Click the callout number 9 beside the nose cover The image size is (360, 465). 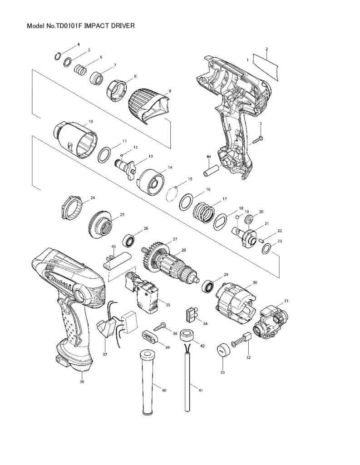click(x=169, y=91)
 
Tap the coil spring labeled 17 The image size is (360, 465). click(x=204, y=211)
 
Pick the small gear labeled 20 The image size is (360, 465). click(x=248, y=220)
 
